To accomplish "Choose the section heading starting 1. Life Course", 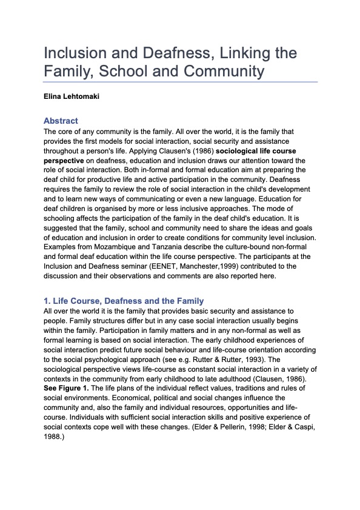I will [x=124, y=301].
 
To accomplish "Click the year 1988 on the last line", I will [x=55, y=437].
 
